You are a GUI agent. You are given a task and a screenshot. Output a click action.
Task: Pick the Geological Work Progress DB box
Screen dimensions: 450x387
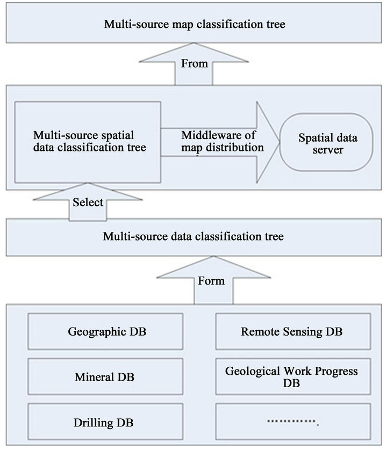click(x=292, y=378)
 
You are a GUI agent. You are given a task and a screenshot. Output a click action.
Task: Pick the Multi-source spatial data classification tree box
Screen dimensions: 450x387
click(x=88, y=141)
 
